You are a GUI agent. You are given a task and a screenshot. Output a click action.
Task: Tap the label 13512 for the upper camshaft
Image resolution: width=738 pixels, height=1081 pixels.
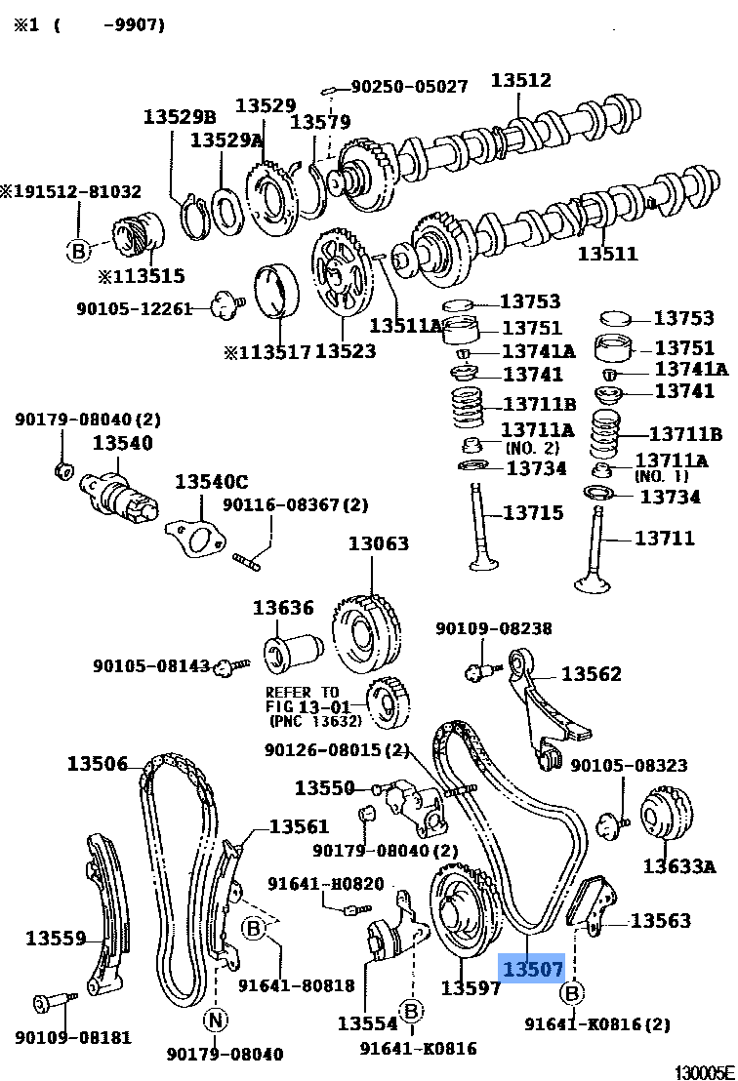coord(520,81)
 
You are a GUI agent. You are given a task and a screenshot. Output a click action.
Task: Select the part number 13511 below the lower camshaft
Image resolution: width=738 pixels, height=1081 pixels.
coord(607,254)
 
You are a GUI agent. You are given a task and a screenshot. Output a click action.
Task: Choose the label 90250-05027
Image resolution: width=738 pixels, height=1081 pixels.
coord(409,86)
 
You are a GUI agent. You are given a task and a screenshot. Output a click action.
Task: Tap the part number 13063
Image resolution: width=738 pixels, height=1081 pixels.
coord(379,543)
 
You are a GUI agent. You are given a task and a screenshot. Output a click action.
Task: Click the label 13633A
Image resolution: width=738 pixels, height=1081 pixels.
coord(678,864)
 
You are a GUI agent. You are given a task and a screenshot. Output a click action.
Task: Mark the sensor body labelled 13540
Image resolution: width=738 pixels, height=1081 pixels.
coord(117,493)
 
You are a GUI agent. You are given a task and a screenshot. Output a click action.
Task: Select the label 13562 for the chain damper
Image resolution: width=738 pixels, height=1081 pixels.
coord(591,674)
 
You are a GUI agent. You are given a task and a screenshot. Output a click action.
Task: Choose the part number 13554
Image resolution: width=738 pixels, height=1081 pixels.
coord(368,1023)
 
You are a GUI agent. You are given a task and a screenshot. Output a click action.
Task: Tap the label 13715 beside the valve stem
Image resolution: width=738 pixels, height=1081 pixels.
coord(532,513)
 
